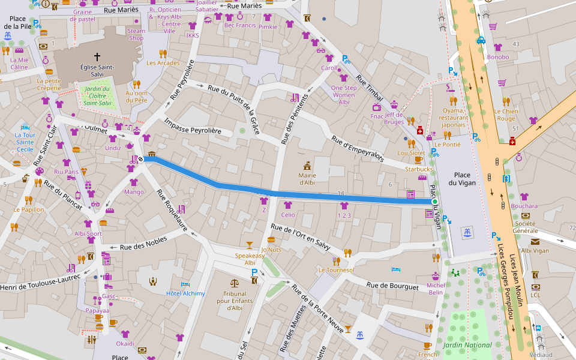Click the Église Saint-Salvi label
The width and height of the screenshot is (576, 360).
97,71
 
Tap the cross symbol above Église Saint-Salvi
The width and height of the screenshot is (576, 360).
97,56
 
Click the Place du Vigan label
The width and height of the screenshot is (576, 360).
462,178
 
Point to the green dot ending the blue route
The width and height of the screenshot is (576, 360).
435,202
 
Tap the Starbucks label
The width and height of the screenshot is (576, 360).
418,169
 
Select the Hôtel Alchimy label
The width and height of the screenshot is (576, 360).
185,293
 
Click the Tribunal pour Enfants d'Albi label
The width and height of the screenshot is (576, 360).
234,301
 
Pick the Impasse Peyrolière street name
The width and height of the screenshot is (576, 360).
193,126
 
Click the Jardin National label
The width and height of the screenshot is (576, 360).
467,345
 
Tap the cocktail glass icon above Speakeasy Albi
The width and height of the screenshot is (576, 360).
250,245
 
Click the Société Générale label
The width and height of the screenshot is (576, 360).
525,227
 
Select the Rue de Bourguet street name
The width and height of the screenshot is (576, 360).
392,286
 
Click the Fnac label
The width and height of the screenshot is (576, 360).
377,116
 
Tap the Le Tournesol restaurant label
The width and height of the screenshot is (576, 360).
336,270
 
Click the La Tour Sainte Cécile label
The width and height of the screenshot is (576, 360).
25,142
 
